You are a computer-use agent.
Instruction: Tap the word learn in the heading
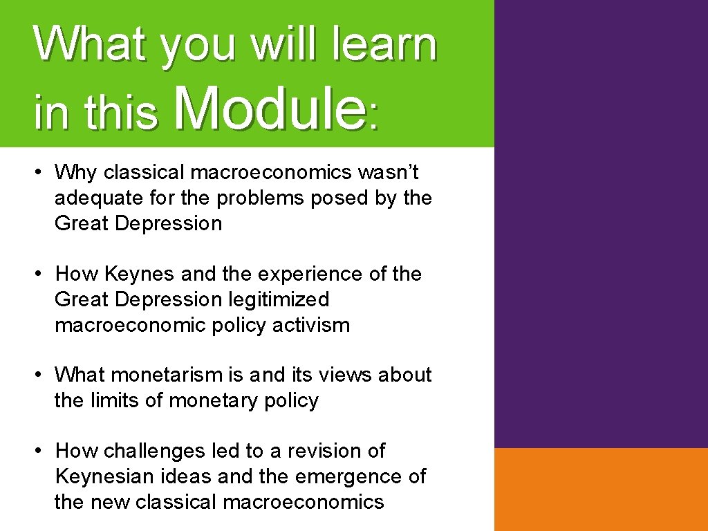click(384, 44)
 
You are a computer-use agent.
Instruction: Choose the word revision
click(324, 451)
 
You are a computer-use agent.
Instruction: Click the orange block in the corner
click(601, 489)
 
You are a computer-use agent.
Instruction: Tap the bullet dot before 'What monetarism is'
click(41, 375)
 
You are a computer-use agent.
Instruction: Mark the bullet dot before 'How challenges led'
click(41, 451)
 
